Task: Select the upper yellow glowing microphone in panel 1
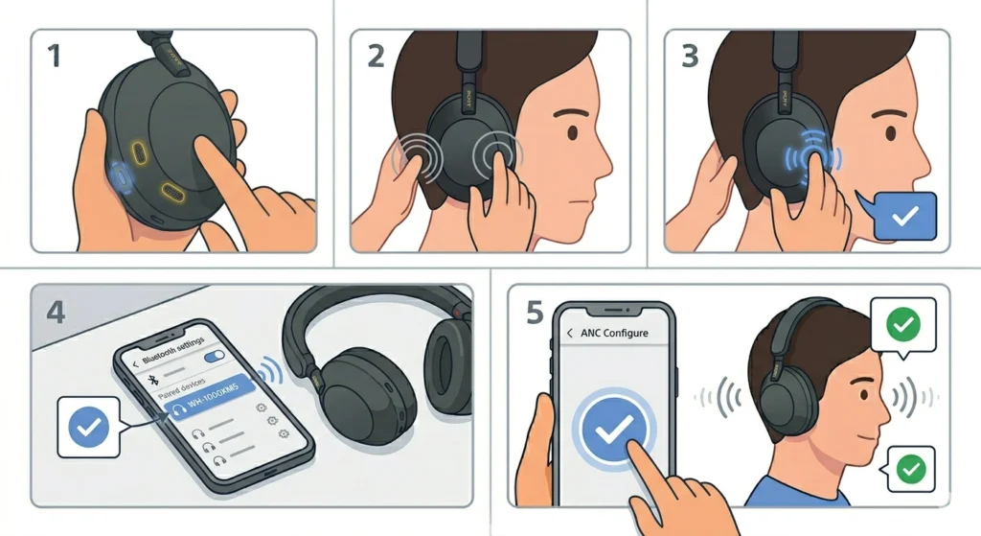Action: click(x=139, y=152)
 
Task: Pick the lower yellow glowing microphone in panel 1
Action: click(x=172, y=193)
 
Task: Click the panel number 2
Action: click(x=376, y=56)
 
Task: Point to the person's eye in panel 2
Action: click(x=572, y=133)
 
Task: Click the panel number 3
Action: click(x=690, y=56)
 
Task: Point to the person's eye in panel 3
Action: click(x=890, y=133)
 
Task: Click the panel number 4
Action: click(x=56, y=312)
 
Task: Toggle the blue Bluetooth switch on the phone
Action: click(x=215, y=357)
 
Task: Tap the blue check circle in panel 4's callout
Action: click(x=88, y=427)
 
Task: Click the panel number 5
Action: click(x=535, y=313)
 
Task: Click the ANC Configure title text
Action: click(x=614, y=333)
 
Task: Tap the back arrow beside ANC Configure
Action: click(x=569, y=333)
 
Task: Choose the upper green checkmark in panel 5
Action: click(x=903, y=324)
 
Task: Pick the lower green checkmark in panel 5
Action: click(x=911, y=469)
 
